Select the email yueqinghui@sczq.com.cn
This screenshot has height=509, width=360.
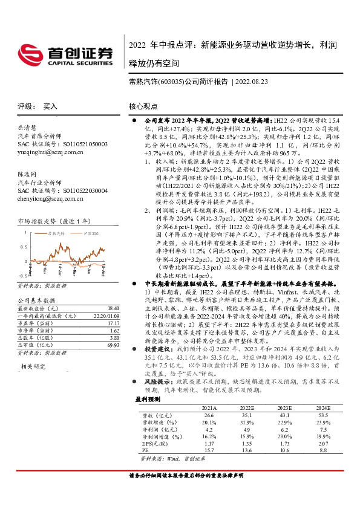(x=51, y=153)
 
